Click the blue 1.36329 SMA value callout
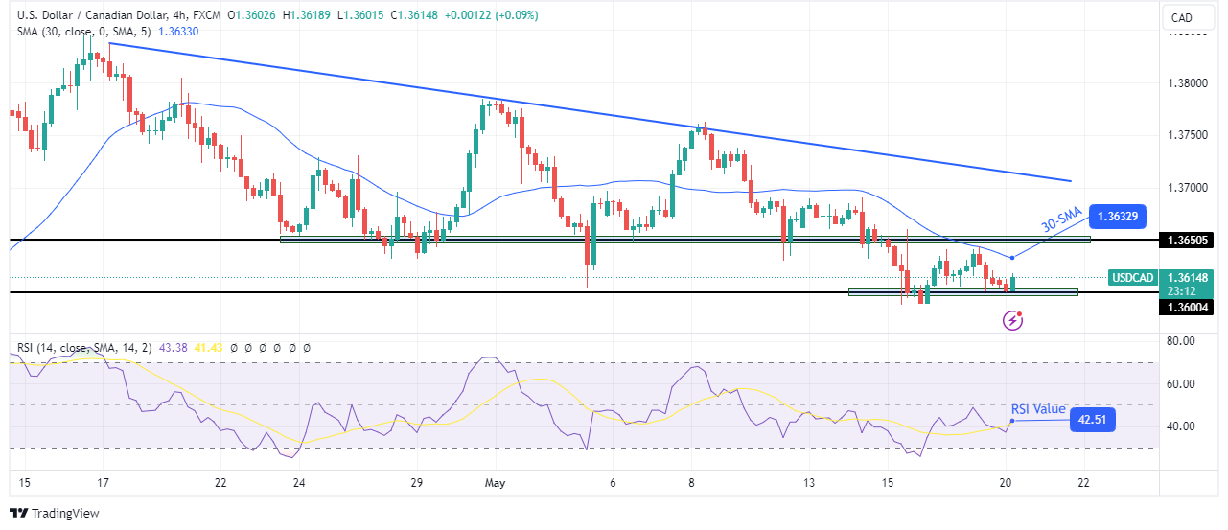click(x=1121, y=218)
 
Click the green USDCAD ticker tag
click(x=1131, y=278)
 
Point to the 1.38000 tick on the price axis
click(x=1190, y=82)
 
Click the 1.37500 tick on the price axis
click(x=1190, y=135)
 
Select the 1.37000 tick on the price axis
click(x=1190, y=188)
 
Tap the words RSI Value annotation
click(x=1038, y=409)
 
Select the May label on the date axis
click(x=495, y=482)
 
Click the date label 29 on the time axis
click(x=416, y=482)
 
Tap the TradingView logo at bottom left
click(x=55, y=513)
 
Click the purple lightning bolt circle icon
click(x=1013, y=321)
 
